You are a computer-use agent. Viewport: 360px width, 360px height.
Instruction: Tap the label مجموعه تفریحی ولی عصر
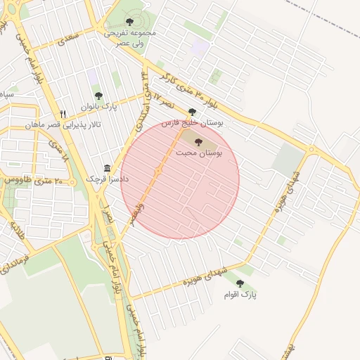click(x=129, y=37)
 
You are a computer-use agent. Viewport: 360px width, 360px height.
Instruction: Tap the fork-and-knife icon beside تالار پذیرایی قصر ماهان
click(x=63, y=114)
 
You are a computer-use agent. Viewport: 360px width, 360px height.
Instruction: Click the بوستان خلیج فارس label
click(x=192, y=122)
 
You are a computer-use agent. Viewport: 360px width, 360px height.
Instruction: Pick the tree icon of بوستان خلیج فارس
click(x=192, y=112)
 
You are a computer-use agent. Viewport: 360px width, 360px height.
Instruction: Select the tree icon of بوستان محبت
click(x=207, y=141)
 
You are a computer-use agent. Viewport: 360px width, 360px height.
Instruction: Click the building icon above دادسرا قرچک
click(x=107, y=168)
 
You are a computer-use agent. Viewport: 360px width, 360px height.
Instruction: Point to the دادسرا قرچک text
click(x=105, y=179)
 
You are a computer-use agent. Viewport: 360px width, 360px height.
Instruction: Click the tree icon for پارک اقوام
click(x=240, y=283)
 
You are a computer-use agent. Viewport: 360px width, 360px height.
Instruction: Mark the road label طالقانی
click(x=17, y=231)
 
